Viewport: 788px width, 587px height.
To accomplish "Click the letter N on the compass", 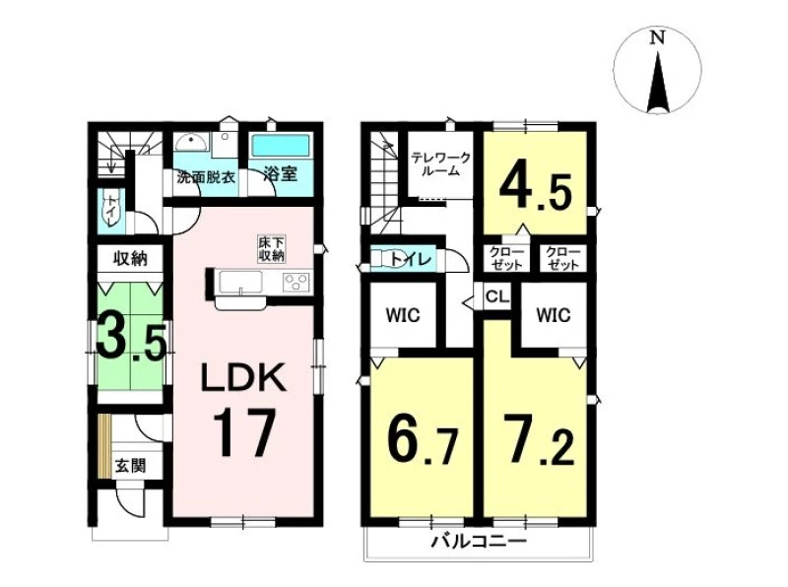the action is tap(657, 37).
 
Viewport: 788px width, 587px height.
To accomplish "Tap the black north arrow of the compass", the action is tap(658, 82).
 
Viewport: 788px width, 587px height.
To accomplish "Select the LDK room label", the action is tap(243, 378).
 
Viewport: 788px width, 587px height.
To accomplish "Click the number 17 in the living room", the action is tap(244, 432).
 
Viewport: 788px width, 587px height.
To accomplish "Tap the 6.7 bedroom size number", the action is tap(423, 440).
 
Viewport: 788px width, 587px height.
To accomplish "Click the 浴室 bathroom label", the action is tap(281, 174).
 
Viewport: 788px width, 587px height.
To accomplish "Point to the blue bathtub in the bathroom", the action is tap(281, 146).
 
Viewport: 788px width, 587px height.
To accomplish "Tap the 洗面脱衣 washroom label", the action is tap(206, 177).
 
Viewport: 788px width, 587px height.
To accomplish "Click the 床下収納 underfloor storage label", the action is tap(272, 248).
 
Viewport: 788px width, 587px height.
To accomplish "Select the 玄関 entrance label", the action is tap(131, 466).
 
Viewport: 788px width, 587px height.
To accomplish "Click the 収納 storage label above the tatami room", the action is tap(130, 259).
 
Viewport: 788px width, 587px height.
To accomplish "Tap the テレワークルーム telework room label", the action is tap(440, 164).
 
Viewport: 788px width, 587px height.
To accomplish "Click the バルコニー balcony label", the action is tap(480, 542).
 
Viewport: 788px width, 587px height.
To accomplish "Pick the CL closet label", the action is tap(497, 296).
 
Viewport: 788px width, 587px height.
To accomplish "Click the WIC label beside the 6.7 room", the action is tap(403, 315).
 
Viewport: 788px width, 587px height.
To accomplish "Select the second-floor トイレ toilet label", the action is tap(411, 260).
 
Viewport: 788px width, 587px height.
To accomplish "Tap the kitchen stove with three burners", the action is tap(296, 282).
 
